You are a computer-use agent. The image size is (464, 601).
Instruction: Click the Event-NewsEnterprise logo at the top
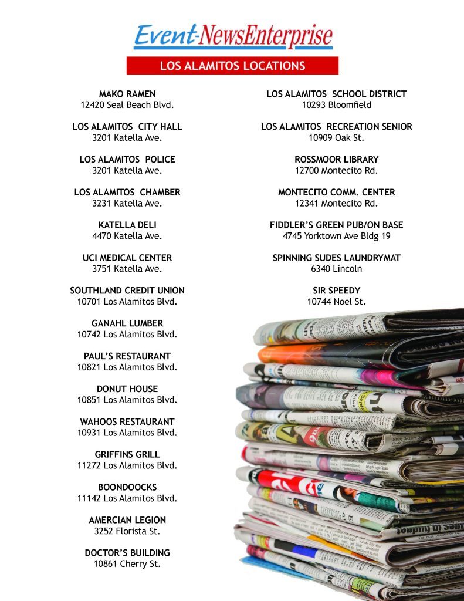[x=233, y=36]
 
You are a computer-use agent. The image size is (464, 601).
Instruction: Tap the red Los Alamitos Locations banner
[x=232, y=66]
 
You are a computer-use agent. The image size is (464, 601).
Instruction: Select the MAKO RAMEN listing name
[x=127, y=94]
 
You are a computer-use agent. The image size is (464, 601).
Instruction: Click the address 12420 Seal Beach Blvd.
[x=127, y=105]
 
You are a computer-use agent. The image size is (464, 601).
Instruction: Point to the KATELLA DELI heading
[x=127, y=225]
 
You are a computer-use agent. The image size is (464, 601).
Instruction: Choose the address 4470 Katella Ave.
[x=127, y=236]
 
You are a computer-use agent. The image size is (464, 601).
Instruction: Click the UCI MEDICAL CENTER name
[x=127, y=258]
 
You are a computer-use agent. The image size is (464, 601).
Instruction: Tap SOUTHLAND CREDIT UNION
[x=127, y=291]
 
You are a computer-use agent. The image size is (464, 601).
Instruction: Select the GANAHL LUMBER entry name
[x=127, y=323]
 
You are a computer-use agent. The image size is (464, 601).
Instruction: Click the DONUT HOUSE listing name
[x=127, y=389]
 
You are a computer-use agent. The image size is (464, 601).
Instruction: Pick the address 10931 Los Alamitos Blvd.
[x=127, y=433]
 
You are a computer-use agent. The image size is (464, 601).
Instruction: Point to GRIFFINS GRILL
[x=127, y=454]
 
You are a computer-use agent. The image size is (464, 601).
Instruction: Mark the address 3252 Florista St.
[x=127, y=531]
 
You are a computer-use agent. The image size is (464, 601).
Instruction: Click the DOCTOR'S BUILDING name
[x=127, y=553]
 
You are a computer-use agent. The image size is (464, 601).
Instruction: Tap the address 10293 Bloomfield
[x=337, y=105]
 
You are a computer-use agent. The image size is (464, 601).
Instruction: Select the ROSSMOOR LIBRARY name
[x=337, y=159]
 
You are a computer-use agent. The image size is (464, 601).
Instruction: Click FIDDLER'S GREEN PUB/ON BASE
[x=337, y=225]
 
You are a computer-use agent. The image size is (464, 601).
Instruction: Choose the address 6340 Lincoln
[x=337, y=269]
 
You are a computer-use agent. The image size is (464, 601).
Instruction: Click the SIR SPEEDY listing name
[x=337, y=291]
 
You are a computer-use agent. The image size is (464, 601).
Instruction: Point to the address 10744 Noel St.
[x=337, y=302]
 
